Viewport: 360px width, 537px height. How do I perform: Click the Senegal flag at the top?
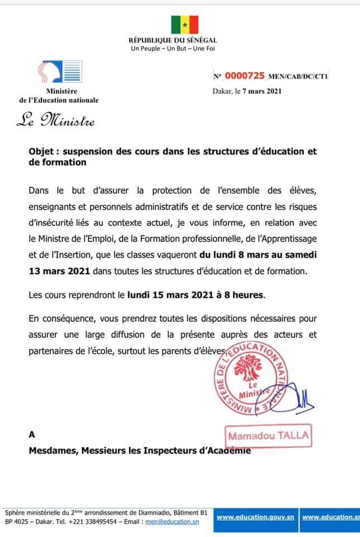coord(185,25)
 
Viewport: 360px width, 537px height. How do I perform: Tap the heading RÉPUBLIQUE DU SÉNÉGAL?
coord(173,40)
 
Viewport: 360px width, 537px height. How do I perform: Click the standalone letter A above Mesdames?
coord(32,434)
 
